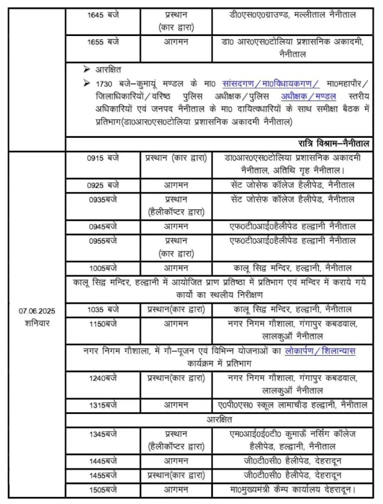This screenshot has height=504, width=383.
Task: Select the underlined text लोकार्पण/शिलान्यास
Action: [x=320, y=351]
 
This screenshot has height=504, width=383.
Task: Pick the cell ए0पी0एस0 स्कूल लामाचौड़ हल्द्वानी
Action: [x=293, y=405]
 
